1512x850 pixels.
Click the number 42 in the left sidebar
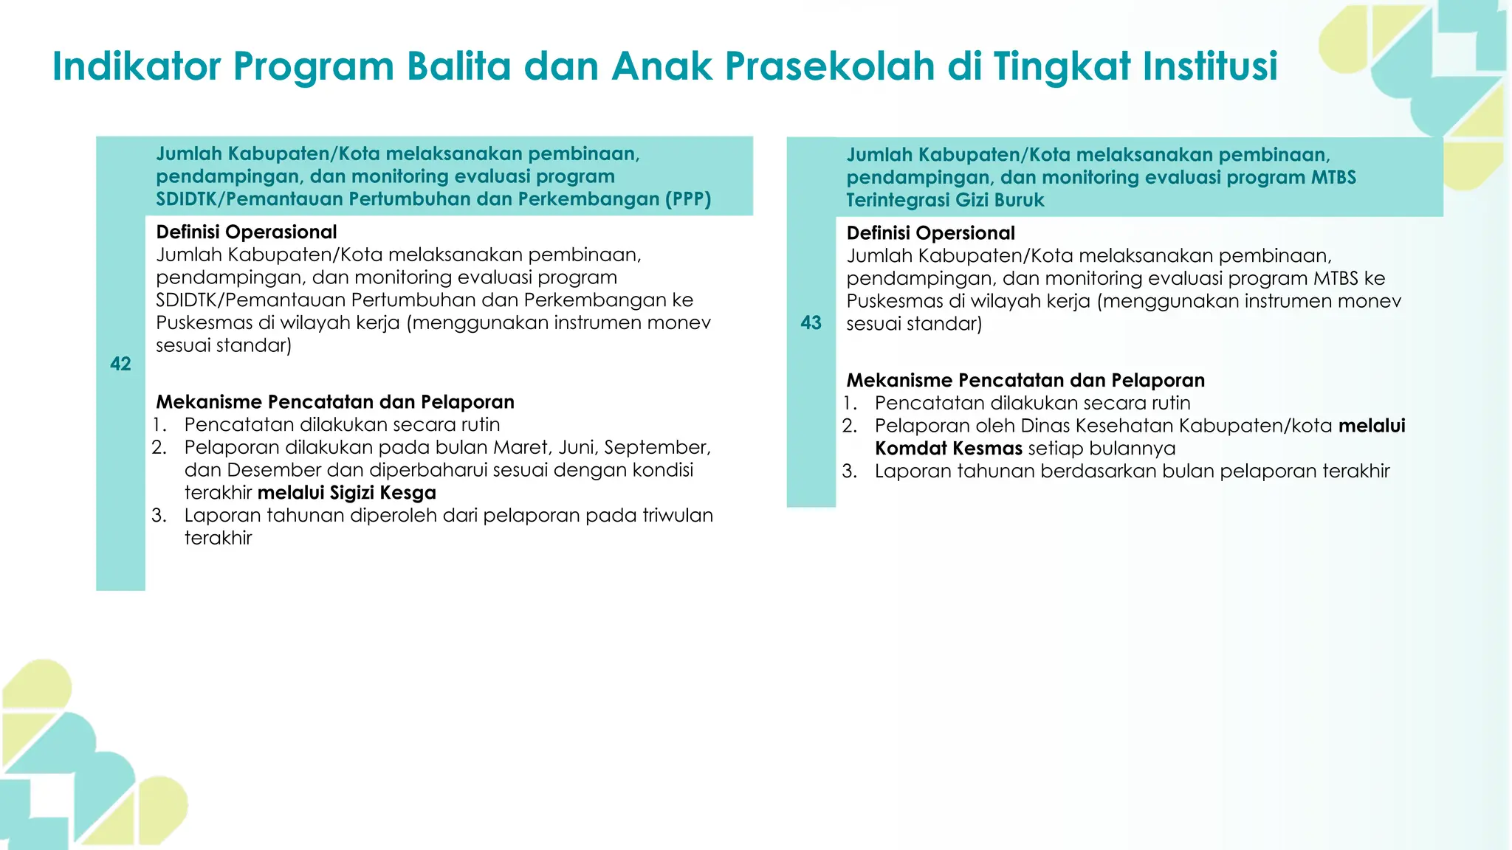coord(120,364)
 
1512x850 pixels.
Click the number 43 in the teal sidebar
coord(811,322)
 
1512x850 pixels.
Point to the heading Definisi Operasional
coord(246,232)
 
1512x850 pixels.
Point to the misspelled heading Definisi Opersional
coord(930,233)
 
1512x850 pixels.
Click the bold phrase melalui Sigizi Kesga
coord(346,493)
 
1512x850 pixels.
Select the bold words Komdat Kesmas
coord(948,449)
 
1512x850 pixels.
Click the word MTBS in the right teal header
coord(1334,177)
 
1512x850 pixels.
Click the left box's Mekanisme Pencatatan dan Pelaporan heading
coord(334,402)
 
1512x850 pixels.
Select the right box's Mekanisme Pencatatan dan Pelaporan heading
coord(1025,380)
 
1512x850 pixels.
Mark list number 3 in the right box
coord(849,471)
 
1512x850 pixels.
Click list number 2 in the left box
coord(159,447)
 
